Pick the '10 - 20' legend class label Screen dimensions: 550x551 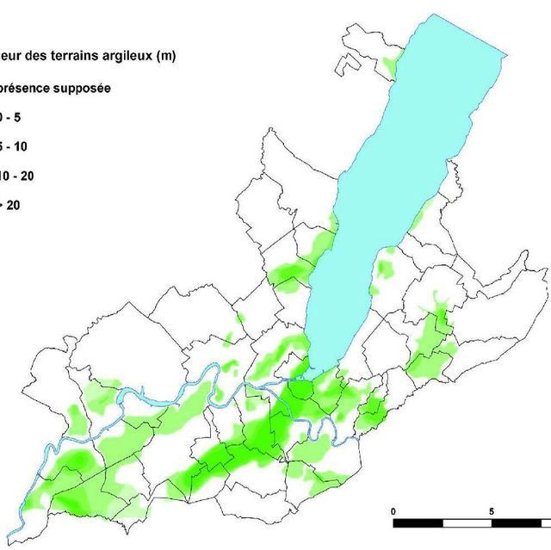point(15,176)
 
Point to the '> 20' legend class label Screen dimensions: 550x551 point(11,205)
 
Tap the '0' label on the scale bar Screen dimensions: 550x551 point(393,511)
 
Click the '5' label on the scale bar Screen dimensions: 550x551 point(492,511)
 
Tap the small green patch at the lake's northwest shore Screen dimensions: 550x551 point(392,65)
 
